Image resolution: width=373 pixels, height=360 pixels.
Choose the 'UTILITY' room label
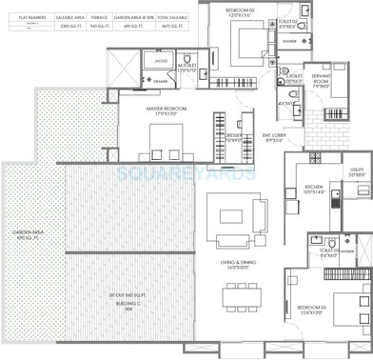[357, 170]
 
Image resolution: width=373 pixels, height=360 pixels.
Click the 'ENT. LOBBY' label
[275, 136]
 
